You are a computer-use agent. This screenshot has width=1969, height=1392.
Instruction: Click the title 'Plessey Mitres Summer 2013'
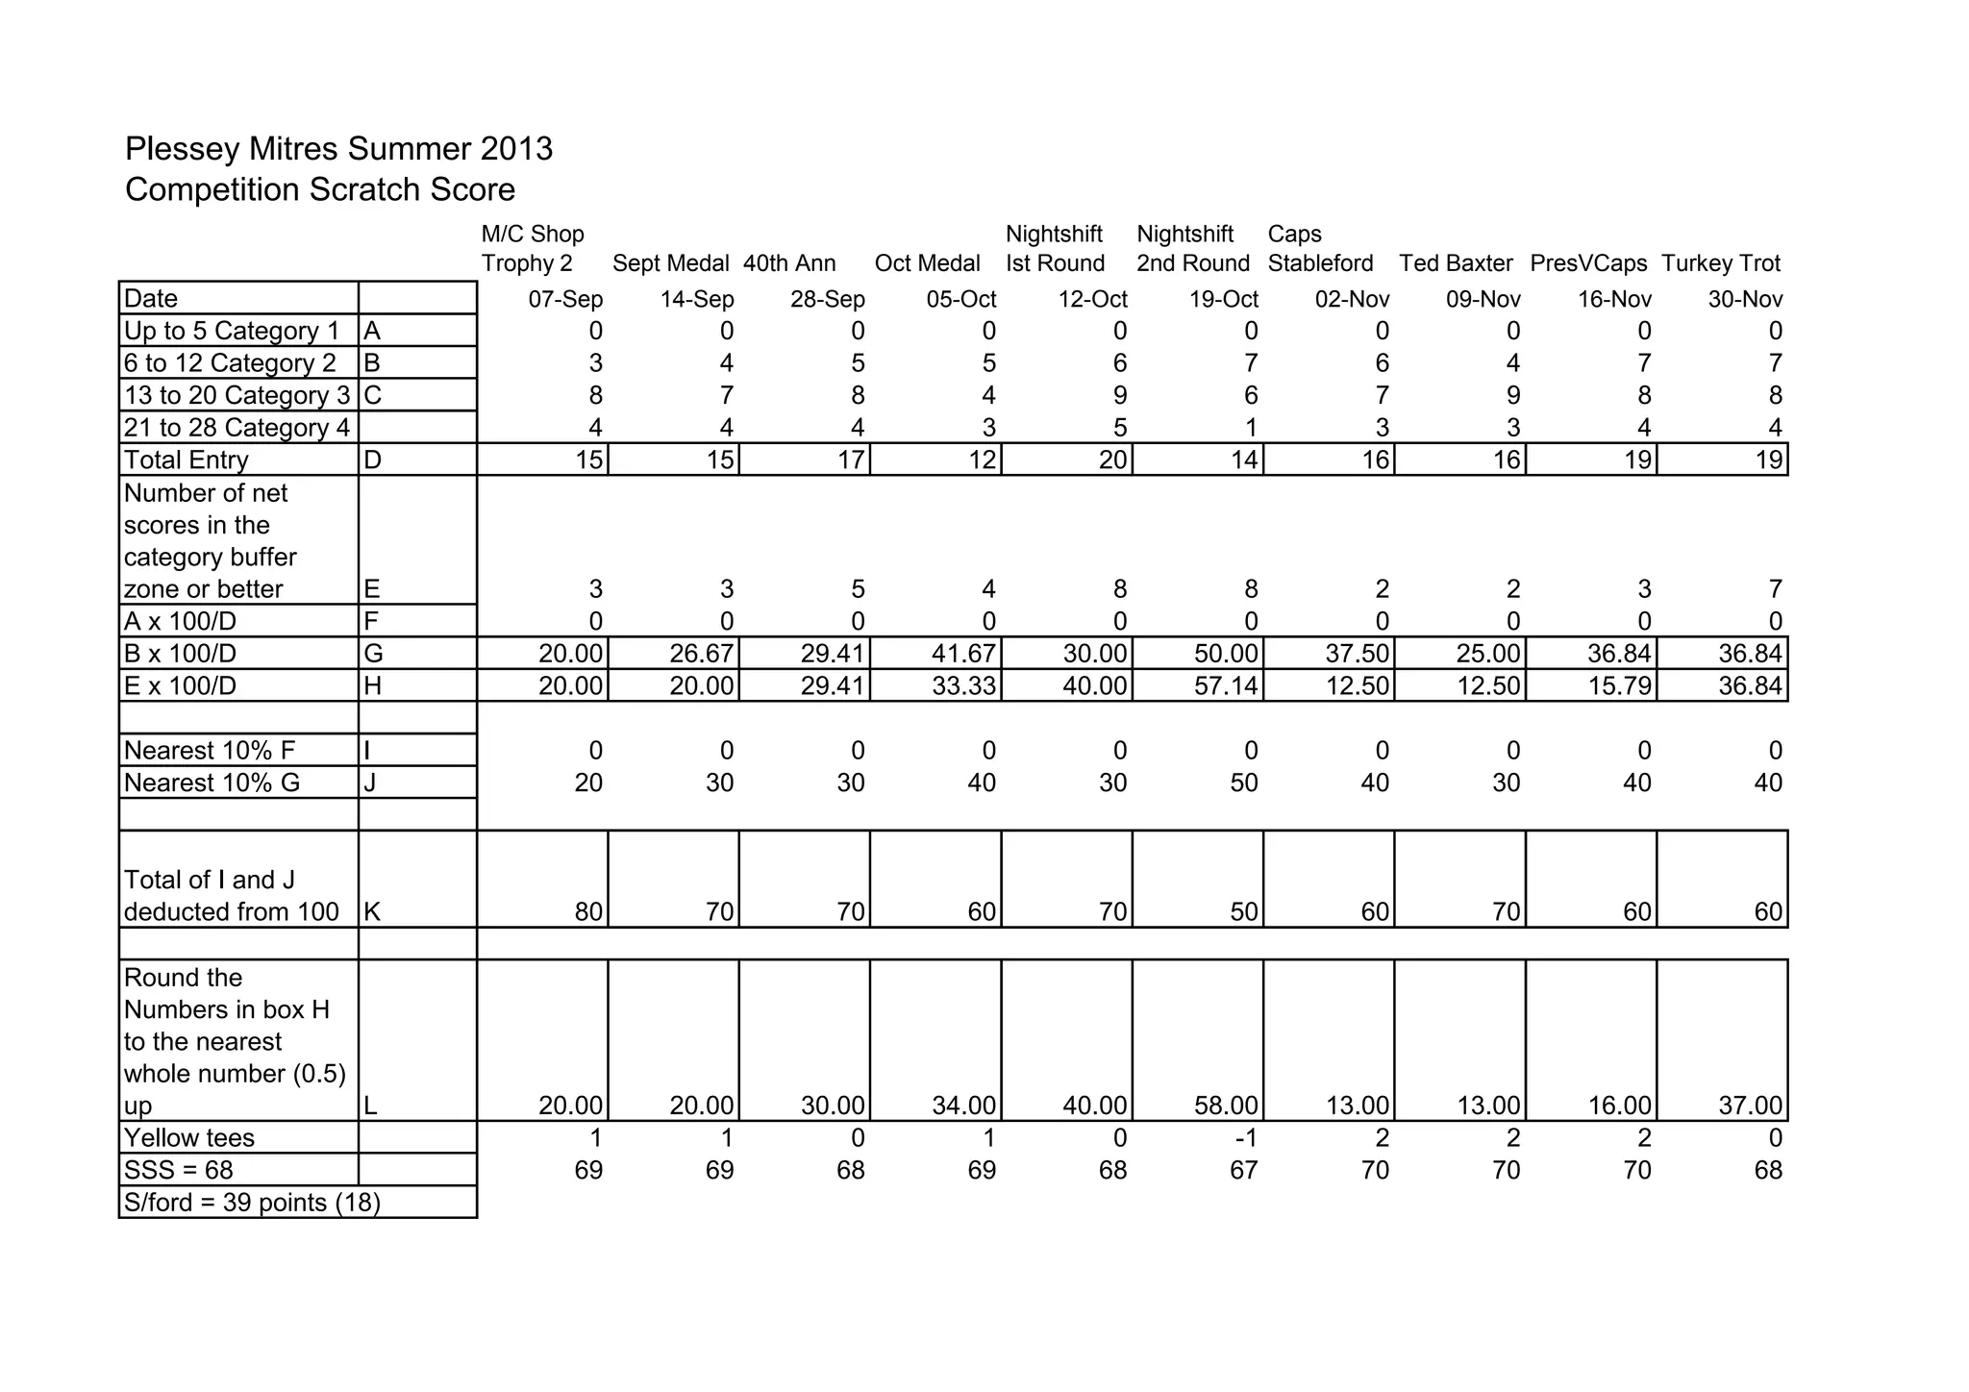(x=338, y=149)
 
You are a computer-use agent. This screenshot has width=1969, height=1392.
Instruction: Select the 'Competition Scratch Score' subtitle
(x=319, y=189)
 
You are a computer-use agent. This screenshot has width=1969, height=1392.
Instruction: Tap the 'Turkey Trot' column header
(x=1720, y=263)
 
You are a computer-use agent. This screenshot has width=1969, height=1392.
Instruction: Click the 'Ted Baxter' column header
(x=1456, y=263)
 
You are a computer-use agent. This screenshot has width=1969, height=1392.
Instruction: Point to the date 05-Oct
(x=960, y=299)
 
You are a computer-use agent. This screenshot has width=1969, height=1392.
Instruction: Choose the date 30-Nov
(x=1745, y=299)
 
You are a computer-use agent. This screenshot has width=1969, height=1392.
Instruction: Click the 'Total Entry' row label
(x=187, y=460)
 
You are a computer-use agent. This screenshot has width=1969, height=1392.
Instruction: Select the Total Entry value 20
(x=1112, y=460)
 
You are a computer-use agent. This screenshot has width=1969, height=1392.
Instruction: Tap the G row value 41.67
(x=963, y=654)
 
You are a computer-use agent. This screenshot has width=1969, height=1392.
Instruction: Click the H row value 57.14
(x=1226, y=686)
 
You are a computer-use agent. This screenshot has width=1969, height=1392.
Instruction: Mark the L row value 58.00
(x=1226, y=1106)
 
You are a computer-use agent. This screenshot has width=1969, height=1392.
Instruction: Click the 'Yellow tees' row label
(x=189, y=1138)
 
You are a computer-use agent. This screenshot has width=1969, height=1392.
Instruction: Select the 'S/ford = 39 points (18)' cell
(x=252, y=1203)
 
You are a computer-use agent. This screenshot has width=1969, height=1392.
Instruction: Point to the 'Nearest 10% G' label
(x=212, y=783)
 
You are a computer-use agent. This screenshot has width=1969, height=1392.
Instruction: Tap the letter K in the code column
(x=372, y=911)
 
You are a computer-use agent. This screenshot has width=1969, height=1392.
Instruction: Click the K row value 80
(x=588, y=911)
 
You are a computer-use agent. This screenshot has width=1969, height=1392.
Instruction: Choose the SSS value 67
(x=1243, y=1170)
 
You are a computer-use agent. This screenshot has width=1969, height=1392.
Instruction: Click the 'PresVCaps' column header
(x=1588, y=263)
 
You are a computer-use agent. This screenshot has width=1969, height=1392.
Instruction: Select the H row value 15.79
(x=1619, y=686)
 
